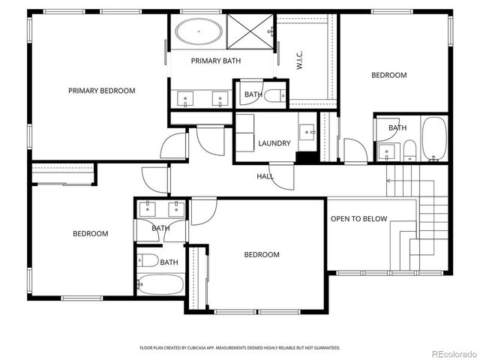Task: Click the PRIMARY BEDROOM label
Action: pos(101,91)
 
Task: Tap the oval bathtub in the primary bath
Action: pos(199,32)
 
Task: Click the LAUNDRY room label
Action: pos(274,143)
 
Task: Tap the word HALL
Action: pos(265,177)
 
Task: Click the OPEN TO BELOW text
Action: pos(358,219)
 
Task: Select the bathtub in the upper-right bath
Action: pos(434,139)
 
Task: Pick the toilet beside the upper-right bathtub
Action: pos(409,151)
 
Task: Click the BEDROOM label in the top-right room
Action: pos(389,75)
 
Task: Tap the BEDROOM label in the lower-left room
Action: pos(90,233)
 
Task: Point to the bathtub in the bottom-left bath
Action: pos(160,284)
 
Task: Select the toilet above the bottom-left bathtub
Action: pos(148,261)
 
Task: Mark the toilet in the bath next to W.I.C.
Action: pos(274,94)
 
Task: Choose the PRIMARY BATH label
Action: pos(215,61)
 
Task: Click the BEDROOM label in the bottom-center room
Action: pos(262,255)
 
